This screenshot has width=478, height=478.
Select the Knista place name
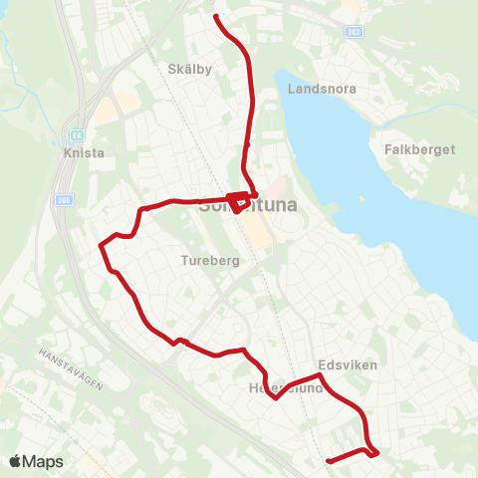point(79,154)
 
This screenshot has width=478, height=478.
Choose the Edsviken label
point(348,365)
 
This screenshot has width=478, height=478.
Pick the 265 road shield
point(64,199)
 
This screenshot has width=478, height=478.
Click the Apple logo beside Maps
point(15,461)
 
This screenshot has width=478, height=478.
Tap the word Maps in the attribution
point(44,461)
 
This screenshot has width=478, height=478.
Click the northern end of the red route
point(217,15)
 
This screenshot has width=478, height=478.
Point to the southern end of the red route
point(328,460)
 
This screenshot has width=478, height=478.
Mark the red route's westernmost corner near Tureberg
point(101,244)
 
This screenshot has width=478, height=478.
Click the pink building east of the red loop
point(278,186)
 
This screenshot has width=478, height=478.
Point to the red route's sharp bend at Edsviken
point(319,375)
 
